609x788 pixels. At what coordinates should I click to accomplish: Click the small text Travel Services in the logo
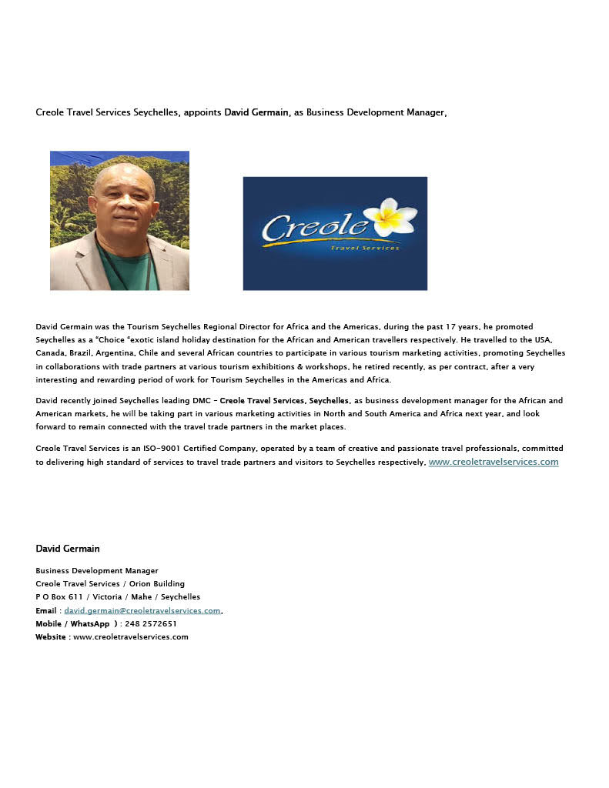click(365, 248)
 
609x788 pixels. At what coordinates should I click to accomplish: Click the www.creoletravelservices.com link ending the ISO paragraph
click(493, 462)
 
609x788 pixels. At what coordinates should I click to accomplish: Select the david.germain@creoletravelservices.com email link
click(142, 610)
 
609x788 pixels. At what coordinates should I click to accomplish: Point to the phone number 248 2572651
click(151, 624)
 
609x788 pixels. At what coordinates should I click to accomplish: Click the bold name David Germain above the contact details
click(68, 549)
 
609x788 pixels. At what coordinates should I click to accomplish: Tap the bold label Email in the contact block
click(46, 610)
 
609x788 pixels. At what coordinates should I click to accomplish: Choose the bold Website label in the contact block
click(51, 637)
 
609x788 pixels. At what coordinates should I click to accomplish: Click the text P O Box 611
click(59, 597)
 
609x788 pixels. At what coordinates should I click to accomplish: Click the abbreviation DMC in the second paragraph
click(200, 401)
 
